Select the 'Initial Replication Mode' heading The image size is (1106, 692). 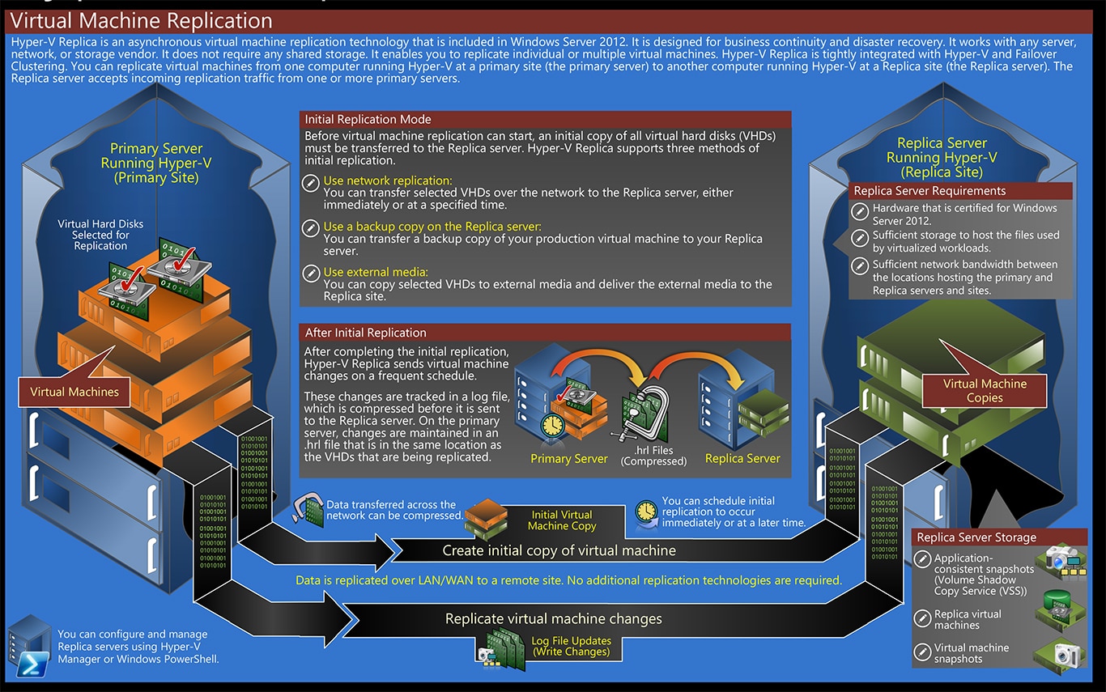tap(368, 120)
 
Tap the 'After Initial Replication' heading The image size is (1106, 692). tap(365, 333)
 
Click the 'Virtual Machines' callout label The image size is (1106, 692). tap(74, 393)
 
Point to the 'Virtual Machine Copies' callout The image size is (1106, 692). tap(985, 391)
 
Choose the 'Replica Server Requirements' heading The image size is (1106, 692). tap(929, 191)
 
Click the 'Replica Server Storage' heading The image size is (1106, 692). tap(976, 537)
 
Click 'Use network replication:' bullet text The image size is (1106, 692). tap(388, 181)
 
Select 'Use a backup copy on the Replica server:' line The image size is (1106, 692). tap(432, 227)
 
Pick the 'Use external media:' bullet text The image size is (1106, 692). tap(376, 272)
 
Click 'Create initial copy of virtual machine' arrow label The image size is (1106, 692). tap(559, 551)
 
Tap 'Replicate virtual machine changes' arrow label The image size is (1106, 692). tap(554, 619)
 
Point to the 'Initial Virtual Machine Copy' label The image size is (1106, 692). tap(562, 520)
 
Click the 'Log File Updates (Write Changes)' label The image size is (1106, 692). tap(571, 646)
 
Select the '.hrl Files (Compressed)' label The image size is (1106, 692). tap(653, 456)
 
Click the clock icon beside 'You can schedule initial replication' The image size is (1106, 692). tap(645, 512)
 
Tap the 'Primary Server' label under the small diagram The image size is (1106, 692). tap(568, 459)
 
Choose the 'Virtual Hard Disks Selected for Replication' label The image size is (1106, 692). tap(100, 235)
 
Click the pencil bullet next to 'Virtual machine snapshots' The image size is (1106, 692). tap(922, 652)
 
